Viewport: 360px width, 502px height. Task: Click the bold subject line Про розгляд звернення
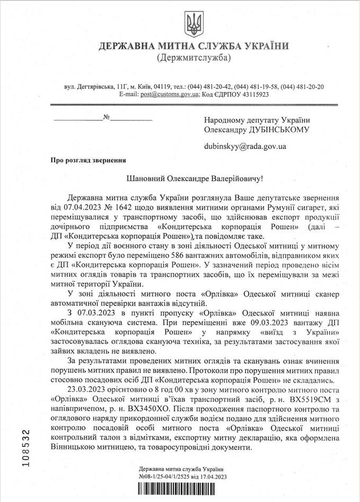(x=88, y=159)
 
